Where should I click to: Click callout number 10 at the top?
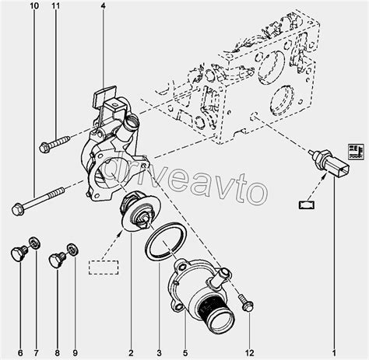(x=34, y=5)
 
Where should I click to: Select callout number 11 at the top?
(x=56, y=5)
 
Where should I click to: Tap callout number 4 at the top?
(x=104, y=5)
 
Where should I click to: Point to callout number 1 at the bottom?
(x=334, y=353)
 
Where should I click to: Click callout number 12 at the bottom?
(x=249, y=353)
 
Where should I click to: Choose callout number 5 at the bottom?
(x=185, y=353)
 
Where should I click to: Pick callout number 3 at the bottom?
(x=159, y=353)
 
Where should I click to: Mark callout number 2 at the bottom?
(x=131, y=353)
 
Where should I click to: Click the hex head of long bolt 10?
(x=18, y=209)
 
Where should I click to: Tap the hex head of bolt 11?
(x=45, y=147)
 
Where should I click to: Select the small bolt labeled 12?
(x=246, y=303)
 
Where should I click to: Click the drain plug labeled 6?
(x=19, y=253)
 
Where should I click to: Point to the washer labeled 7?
(x=34, y=243)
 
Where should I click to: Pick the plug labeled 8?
(x=57, y=260)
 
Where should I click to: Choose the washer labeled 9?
(x=73, y=250)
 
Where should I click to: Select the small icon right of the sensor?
(x=356, y=152)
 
